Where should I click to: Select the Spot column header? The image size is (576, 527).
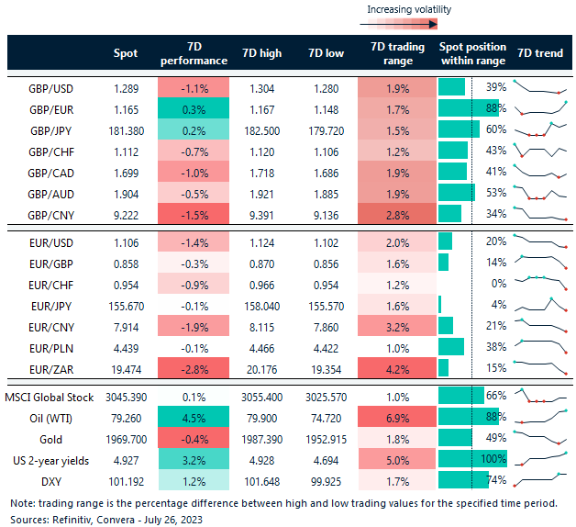click(125, 53)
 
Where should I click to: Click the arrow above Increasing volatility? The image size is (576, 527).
click(408, 23)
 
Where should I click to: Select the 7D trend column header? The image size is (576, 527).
click(540, 53)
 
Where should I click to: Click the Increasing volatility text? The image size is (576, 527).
click(408, 9)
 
